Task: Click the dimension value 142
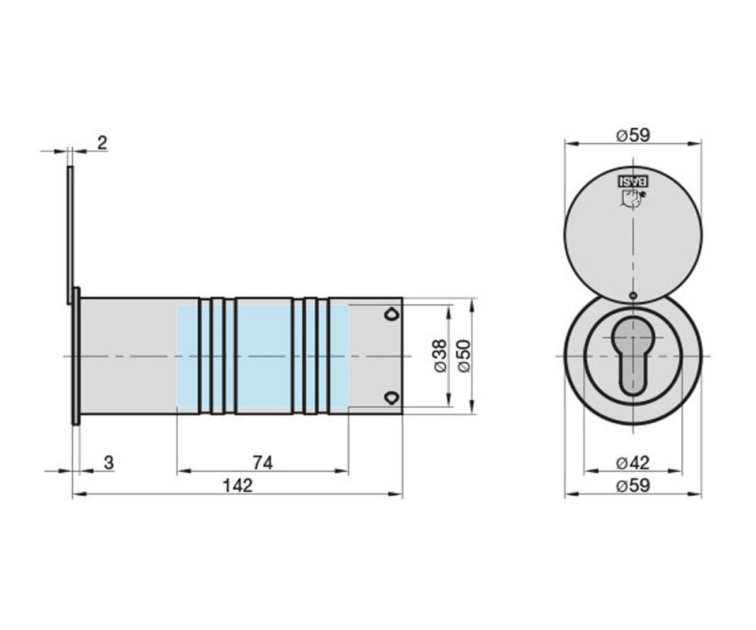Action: click(237, 486)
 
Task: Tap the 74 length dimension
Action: click(263, 462)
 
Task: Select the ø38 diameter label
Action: click(440, 356)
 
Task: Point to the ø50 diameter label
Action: click(464, 356)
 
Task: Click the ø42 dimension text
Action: click(633, 462)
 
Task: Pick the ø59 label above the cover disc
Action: click(633, 135)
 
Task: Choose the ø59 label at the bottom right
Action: click(633, 486)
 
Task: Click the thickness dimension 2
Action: click(103, 142)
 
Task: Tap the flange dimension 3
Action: click(108, 462)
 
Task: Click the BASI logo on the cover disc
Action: click(633, 181)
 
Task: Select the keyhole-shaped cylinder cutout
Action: click(633, 355)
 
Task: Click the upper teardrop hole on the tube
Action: click(391, 314)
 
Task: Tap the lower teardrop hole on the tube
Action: click(391, 398)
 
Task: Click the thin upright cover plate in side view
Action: click(70, 235)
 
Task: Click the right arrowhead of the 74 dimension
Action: click(341, 471)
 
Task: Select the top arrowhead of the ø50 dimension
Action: click(471, 305)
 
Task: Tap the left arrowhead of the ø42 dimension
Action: click(592, 471)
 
